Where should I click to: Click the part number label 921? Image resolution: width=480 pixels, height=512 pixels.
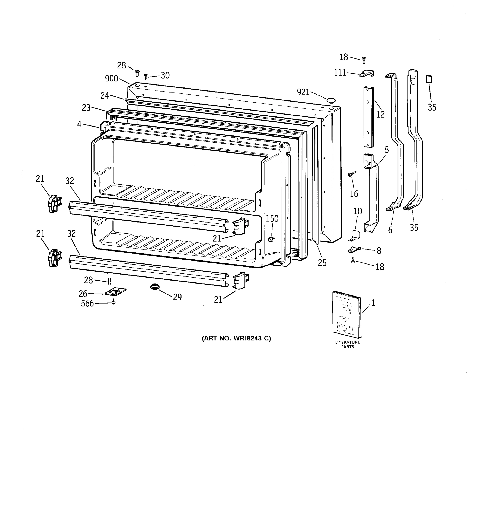(303, 92)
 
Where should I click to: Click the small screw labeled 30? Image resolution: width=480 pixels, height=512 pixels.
(146, 76)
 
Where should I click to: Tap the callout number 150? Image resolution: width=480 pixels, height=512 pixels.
(272, 219)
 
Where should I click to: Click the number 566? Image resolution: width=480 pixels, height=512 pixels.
(87, 304)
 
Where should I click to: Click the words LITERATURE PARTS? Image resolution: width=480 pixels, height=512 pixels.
(347, 345)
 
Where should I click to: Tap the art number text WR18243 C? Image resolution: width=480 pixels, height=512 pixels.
(236, 338)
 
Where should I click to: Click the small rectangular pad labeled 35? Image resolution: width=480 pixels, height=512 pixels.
(429, 79)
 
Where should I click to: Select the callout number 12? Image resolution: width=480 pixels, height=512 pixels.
(380, 114)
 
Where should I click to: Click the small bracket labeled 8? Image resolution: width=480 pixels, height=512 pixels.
(354, 250)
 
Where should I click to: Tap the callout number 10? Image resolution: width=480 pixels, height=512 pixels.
(357, 211)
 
